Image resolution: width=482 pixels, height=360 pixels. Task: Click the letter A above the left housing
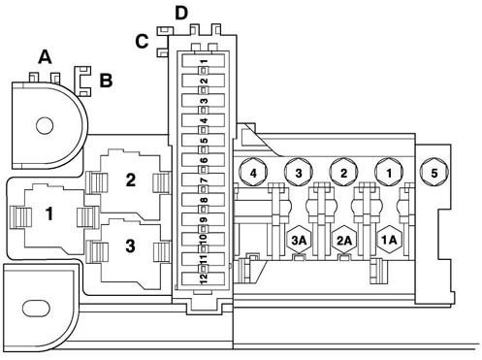point(45,57)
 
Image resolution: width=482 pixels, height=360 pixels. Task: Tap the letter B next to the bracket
point(106,81)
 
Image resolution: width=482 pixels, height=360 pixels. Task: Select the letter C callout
point(142,42)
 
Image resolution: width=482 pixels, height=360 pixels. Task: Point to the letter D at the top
point(181,14)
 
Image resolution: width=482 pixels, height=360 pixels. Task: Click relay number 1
point(49,213)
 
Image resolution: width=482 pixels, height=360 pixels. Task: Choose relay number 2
point(131,180)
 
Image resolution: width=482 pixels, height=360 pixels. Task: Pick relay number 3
point(131,245)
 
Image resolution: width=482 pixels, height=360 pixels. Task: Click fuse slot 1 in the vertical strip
point(204,61)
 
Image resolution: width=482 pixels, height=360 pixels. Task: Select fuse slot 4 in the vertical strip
point(204,120)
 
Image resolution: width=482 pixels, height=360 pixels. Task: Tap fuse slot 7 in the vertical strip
point(204,180)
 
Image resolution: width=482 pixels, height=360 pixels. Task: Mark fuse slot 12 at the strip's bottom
point(204,278)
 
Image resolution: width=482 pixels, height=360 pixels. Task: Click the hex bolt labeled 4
point(253,172)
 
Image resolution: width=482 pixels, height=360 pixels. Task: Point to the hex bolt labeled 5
point(434,172)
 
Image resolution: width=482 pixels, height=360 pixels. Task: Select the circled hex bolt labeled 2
point(343,172)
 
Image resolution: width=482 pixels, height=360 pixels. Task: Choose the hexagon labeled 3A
point(299,240)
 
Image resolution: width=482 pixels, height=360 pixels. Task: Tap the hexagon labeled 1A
point(389,240)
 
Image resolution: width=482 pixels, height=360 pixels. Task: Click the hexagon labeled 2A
point(344,240)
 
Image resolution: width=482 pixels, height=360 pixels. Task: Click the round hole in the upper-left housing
point(45,125)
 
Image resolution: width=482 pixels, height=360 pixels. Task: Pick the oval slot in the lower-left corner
point(36,309)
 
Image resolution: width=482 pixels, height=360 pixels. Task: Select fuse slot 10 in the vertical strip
point(204,239)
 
